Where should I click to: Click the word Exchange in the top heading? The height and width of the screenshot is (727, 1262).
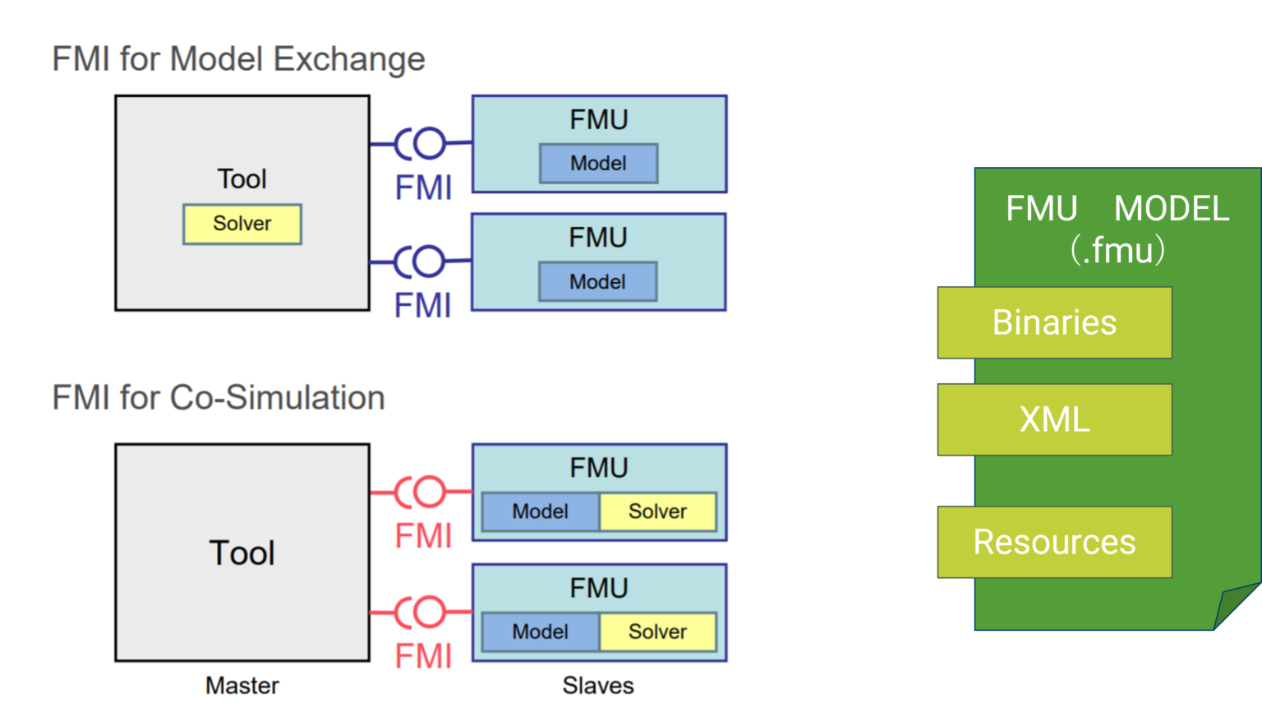coord(348,59)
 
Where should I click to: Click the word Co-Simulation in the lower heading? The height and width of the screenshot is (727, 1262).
coord(277,397)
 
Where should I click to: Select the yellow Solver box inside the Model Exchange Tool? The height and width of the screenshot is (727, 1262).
coord(242,224)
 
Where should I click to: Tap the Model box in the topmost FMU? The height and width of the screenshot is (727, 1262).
coord(598,164)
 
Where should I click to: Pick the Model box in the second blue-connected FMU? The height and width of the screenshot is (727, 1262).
coord(597,282)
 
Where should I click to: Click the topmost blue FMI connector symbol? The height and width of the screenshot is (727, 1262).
coord(421,144)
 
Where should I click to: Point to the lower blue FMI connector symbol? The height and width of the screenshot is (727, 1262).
coord(421,262)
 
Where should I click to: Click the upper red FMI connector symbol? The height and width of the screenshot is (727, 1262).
coord(421,493)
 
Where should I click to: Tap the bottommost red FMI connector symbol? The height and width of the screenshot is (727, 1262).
coord(421,613)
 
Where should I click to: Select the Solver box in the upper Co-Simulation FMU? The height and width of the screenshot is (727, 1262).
coord(657,512)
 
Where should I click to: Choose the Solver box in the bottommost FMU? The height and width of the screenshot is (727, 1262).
coord(657,632)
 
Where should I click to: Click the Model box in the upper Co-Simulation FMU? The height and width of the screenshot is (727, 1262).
coord(541,512)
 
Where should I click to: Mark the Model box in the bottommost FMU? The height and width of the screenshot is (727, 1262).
coord(541,632)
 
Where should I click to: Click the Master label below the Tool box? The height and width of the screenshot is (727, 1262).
coord(242,685)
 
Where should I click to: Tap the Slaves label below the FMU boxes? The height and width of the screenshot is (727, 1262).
coord(598,685)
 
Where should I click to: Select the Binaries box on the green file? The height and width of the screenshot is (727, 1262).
coord(1054,322)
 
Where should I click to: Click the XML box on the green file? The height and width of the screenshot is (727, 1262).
coord(1054,419)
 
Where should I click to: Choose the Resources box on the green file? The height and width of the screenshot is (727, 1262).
coord(1054,542)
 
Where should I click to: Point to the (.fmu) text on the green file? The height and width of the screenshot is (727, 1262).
coord(1117,250)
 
